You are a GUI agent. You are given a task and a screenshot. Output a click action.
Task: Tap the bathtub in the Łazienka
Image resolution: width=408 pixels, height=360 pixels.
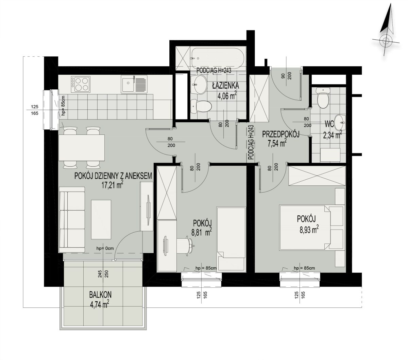[x=218, y=58]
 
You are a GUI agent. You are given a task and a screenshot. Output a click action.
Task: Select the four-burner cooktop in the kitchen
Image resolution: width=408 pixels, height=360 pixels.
[x=80, y=84]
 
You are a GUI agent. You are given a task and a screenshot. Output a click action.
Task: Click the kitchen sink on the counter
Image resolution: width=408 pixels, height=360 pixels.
[x=134, y=84]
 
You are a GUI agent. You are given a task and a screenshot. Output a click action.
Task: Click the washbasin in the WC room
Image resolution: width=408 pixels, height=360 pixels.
[x=340, y=122]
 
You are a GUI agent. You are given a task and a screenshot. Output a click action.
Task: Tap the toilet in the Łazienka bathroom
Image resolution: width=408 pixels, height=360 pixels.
[x=201, y=106]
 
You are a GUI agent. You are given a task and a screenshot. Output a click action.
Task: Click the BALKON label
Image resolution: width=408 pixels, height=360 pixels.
[x=100, y=295]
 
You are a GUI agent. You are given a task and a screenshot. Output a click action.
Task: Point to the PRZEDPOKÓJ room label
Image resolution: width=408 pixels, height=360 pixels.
[x=281, y=134]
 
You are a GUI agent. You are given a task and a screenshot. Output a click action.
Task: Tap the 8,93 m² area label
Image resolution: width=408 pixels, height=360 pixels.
[x=309, y=230]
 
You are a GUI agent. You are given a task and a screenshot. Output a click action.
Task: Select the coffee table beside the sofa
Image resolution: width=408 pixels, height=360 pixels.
[x=101, y=219]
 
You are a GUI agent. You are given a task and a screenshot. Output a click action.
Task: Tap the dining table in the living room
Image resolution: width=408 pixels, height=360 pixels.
[x=82, y=148]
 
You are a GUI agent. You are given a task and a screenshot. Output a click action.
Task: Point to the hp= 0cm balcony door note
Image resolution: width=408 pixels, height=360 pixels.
[x=105, y=249]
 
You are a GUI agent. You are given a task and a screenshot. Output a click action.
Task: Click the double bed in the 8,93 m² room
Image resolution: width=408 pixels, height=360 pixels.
[x=305, y=228]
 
